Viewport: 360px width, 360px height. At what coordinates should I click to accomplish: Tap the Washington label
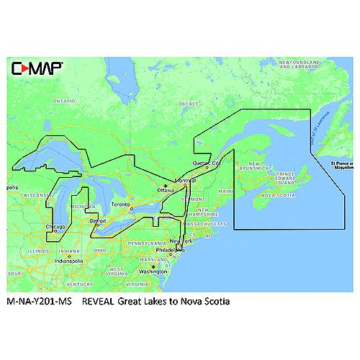coord(153,271)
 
